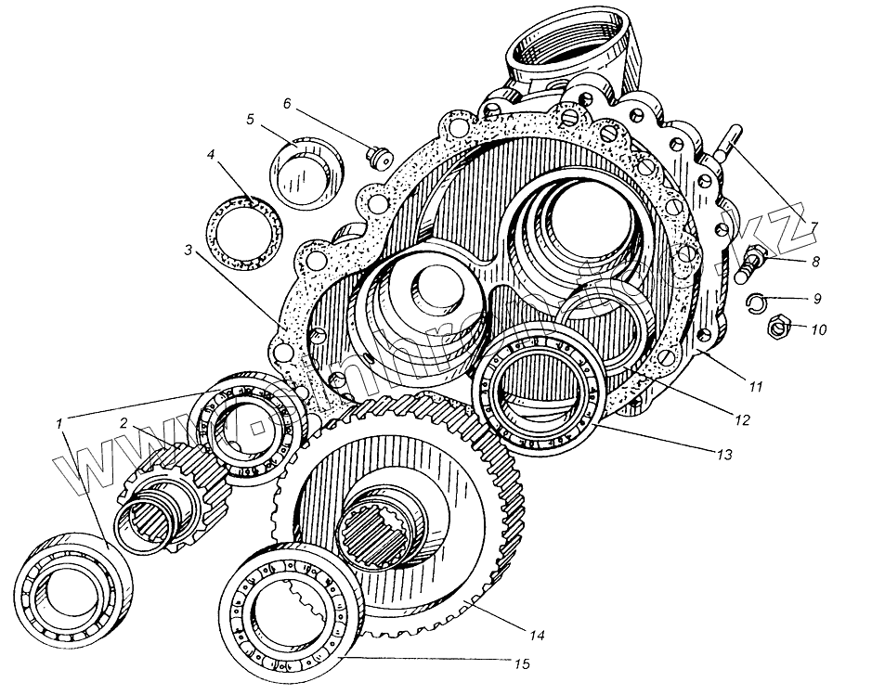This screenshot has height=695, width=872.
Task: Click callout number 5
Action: tap(250, 119)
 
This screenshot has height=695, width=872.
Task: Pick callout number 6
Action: tap(287, 103)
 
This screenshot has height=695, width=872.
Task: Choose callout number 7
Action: tap(814, 226)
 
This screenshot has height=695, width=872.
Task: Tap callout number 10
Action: tap(818, 329)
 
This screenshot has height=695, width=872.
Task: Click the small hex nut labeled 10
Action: tap(778, 326)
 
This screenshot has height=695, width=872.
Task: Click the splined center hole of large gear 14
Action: tap(376, 530)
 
